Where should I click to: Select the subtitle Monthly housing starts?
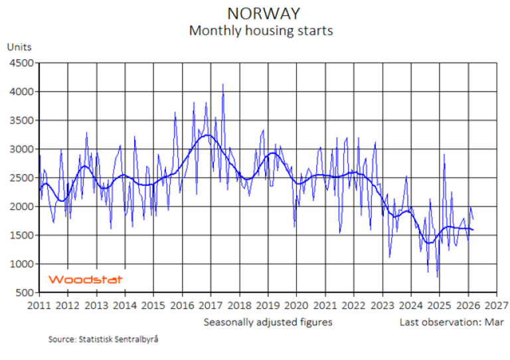click(x=261, y=31)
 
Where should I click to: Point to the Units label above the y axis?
click(x=19, y=47)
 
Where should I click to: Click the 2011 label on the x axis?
click(x=39, y=306)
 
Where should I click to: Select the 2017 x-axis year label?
click(x=210, y=306)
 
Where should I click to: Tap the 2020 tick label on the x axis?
click(x=296, y=306)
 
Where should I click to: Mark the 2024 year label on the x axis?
click(x=410, y=306)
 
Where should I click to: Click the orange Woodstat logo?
click(x=86, y=280)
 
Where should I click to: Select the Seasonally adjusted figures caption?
click(x=268, y=322)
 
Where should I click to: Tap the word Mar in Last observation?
click(x=495, y=322)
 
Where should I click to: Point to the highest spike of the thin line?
click(x=223, y=84)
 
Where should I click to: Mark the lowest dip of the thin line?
click(x=437, y=277)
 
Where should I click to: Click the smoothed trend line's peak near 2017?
click(x=208, y=135)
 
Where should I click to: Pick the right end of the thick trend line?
click(x=473, y=230)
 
